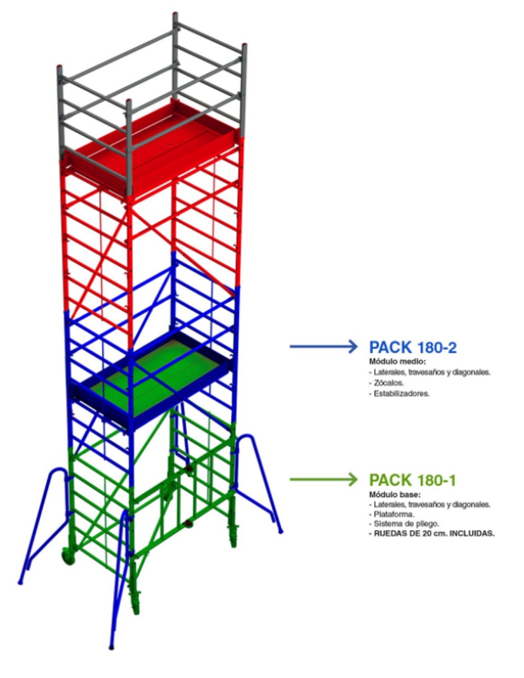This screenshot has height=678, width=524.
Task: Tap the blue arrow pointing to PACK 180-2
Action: tap(323, 346)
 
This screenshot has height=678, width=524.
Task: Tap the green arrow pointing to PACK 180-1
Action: tap(323, 479)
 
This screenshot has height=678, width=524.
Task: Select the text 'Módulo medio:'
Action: tap(397, 361)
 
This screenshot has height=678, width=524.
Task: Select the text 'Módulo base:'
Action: tap(395, 495)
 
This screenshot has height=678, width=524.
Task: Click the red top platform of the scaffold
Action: tap(151, 147)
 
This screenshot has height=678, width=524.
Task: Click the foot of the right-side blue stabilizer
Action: tap(280, 531)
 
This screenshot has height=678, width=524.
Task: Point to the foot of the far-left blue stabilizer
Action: tap(20, 582)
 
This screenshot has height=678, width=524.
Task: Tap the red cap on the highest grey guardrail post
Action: tap(175, 15)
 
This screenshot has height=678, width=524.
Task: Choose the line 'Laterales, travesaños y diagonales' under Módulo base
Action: tap(432, 504)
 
